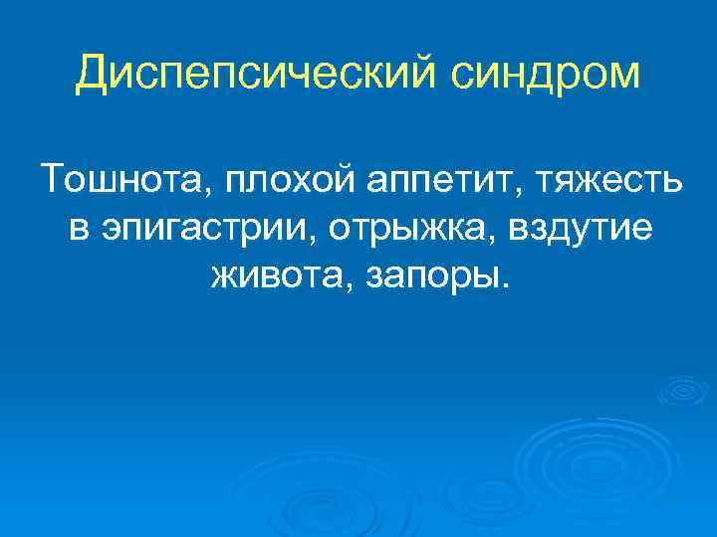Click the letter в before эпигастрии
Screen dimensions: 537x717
click(x=79, y=229)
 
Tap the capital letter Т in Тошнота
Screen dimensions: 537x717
click(x=54, y=182)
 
